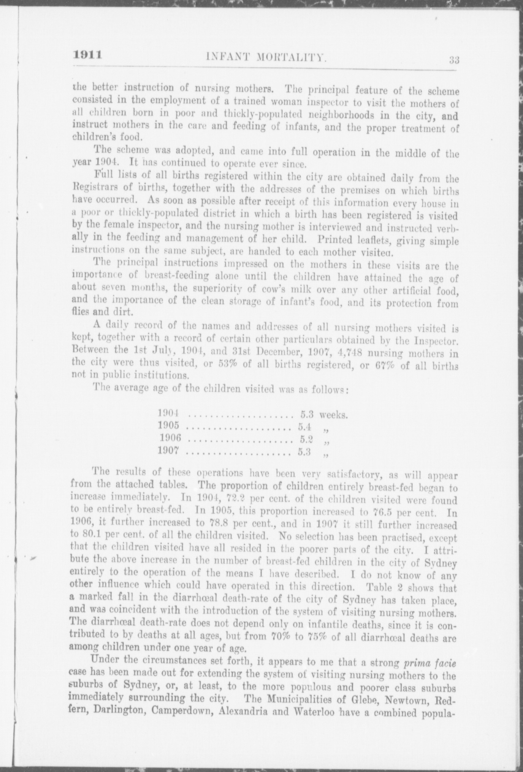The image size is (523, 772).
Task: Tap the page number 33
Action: [454, 60]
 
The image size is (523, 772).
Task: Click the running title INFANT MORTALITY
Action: [266, 57]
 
